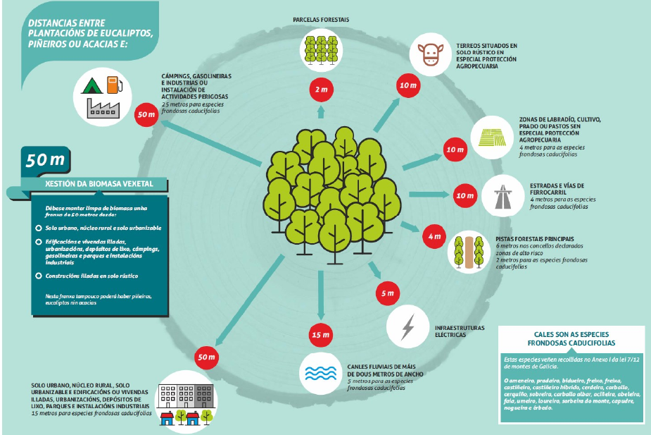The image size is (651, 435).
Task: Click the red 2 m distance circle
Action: [320, 90]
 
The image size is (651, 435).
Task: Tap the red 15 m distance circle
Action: [320, 333]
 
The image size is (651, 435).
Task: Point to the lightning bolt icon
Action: [408, 326]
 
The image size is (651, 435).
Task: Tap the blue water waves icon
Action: [320, 372]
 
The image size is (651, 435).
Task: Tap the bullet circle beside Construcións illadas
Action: [38, 276]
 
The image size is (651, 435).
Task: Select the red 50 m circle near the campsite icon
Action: [146, 113]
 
